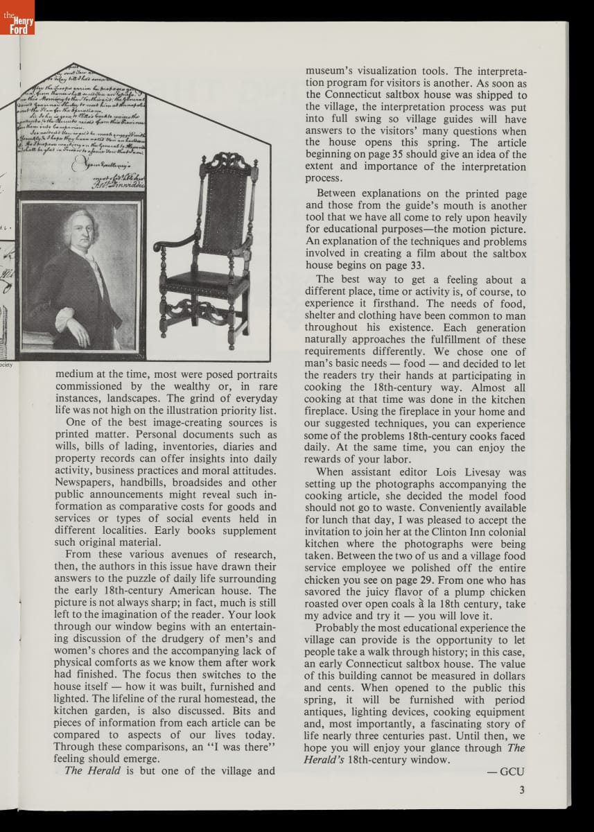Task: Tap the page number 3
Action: pyautogui.click(x=521, y=788)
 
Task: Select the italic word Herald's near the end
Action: pyautogui.click(x=324, y=759)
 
